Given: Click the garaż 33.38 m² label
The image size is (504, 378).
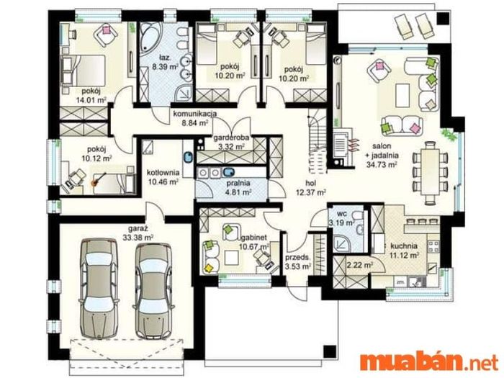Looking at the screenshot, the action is pos(138,233).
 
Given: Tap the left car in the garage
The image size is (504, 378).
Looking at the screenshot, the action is pos(99,288).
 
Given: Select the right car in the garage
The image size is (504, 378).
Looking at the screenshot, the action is pos(153,291).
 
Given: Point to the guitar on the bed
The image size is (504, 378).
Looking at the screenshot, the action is pos(99,180).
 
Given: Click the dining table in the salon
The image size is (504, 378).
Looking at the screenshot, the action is pos(430,173).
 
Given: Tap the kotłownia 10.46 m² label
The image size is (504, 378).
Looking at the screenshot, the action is pos(163,177).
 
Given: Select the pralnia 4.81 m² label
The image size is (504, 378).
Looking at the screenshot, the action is pos(238,188).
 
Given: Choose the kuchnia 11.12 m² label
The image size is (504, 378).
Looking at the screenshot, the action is pos(404,251).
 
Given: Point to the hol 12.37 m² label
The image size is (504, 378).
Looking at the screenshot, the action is pos(311,188).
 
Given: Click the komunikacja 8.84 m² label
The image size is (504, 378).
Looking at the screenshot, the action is pos(195,118).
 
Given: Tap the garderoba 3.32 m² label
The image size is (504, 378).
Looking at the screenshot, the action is pos(231,142).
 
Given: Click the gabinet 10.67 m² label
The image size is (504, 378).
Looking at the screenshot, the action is pos(254,242).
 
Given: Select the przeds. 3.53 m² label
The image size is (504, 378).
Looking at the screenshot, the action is pos(298,261).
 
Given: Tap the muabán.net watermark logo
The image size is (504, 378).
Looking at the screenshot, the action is pos(429,363).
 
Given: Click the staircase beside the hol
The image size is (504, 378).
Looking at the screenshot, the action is pos(318,141).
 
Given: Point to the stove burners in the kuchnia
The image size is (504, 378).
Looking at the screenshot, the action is pos(433,246).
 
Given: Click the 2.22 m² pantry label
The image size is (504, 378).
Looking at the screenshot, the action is pos(360,265).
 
